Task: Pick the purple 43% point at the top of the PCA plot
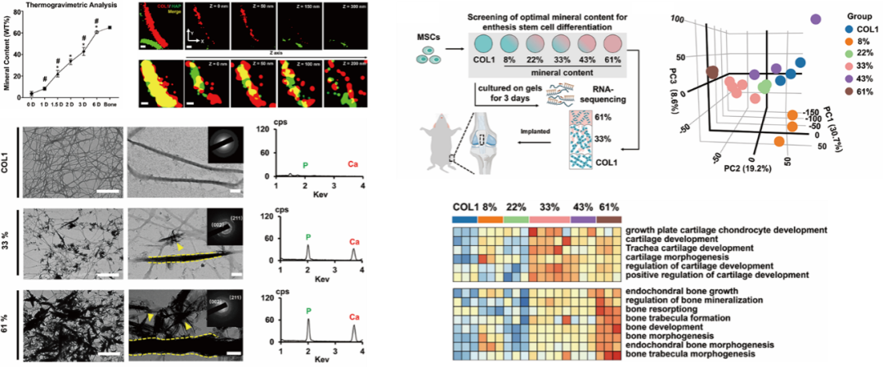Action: (x=815, y=19)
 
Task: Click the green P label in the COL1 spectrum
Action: (x=305, y=163)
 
